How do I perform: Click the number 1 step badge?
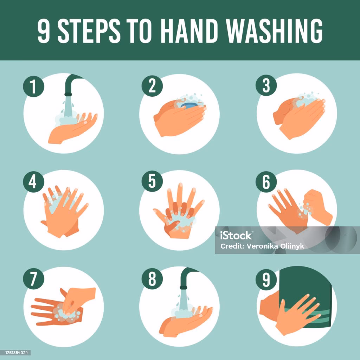click(x=33, y=86)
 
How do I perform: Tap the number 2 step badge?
click(x=152, y=86)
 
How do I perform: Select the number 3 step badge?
click(x=266, y=85)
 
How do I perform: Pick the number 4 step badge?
click(x=33, y=182)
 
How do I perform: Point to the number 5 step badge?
click(x=152, y=181)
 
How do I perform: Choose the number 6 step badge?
click(x=266, y=182)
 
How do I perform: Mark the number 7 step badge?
click(x=33, y=279)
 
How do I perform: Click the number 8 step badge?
click(x=152, y=279)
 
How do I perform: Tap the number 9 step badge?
click(x=266, y=279)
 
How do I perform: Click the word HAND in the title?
click(x=189, y=31)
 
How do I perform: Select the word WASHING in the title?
click(x=274, y=31)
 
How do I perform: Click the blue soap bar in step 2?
click(x=189, y=105)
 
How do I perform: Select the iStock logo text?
click(x=236, y=236)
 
